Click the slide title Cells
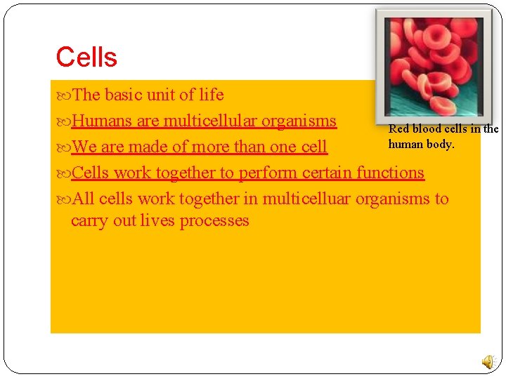(86, 57)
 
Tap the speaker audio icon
(488, 361)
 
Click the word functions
(390, 173)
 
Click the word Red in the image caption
(398, 129)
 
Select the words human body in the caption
(421, 144)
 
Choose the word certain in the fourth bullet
(327, 173)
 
